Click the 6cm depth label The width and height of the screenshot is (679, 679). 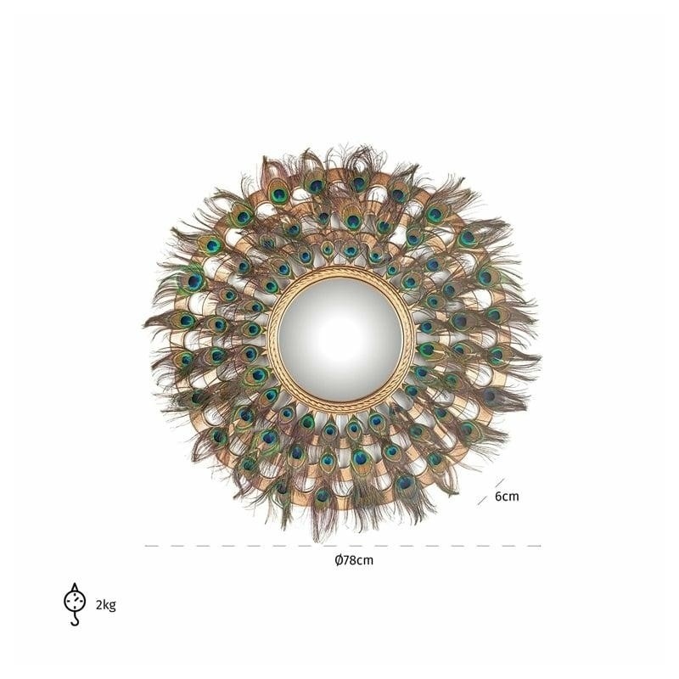(x=507, y=497)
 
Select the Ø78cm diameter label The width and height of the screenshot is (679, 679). (x=354, y=560)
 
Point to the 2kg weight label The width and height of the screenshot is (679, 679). (x=105, y=604)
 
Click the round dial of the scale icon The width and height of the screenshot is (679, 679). (x=75, y=601)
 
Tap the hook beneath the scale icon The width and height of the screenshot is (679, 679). (x=75, y=620)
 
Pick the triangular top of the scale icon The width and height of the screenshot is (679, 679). (x=75, y=587)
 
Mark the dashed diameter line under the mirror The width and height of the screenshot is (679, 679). (x=343, y=546)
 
